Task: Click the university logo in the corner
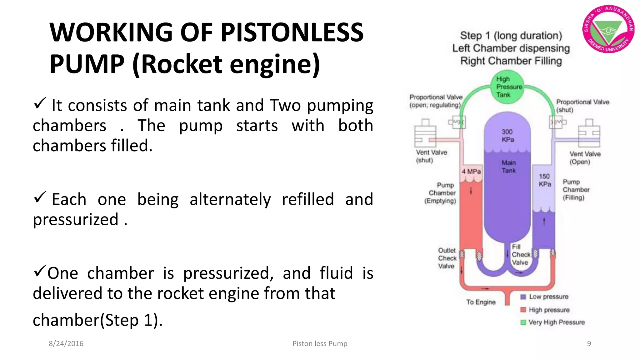click(608, 29)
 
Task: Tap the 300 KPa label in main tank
click(507, 136)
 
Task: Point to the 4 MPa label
click(471, 172)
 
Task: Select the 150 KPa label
click(544, 180)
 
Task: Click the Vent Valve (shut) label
click(431, 156)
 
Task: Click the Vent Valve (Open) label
click(585, 158)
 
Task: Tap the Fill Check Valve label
click(520, 255)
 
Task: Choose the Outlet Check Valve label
click(447, 258)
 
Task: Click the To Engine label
click(481, 302)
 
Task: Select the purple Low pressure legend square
click(523, 297)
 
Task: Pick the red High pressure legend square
click(523, 310)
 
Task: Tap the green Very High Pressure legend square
click(523, 322)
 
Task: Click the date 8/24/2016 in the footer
click(66, 344)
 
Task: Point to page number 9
click(589, 344)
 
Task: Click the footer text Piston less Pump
click(320, 344)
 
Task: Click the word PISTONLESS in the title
click(292, 32)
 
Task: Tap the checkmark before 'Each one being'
click(40, 197)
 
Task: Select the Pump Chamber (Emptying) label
click(441, 193)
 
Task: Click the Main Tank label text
click(508, 167)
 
